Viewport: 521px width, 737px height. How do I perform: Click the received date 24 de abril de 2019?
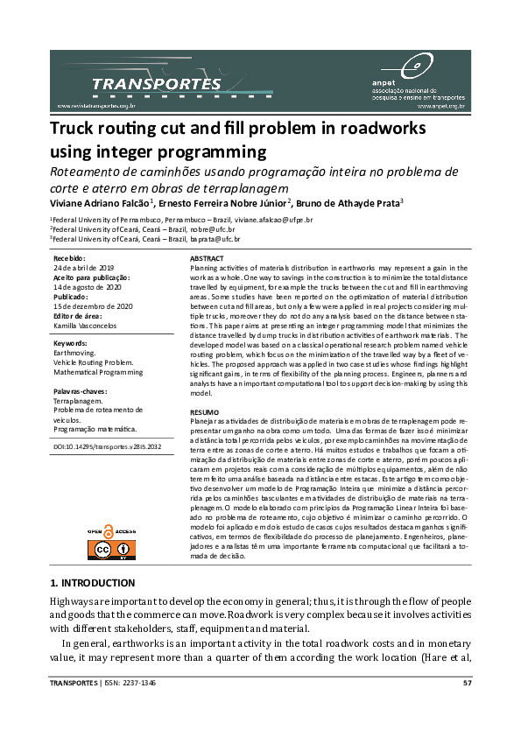(x=84, y=268)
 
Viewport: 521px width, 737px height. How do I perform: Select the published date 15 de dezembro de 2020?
(x=93, y=305)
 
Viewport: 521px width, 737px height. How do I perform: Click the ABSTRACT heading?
(x=207, y=259)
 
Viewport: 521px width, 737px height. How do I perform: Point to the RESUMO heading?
(x=203, y=411)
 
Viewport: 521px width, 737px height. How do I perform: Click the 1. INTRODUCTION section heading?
(x=93, y=582)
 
